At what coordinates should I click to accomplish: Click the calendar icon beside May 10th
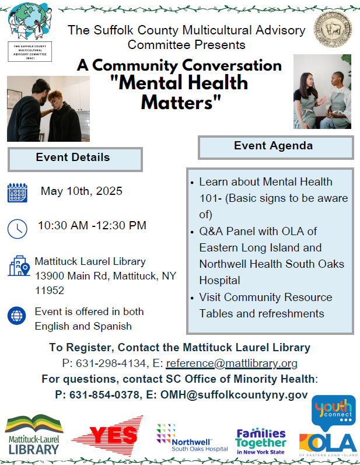pos(18,193)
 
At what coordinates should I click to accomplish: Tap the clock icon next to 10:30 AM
pos(18,228)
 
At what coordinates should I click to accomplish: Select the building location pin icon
pos(19,265)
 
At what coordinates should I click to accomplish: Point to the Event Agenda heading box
pos(275,147)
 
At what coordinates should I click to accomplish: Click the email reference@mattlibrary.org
pos(232,363)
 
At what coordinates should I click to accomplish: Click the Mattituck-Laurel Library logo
pos(34,434)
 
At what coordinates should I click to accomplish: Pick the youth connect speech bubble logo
pos(333,411)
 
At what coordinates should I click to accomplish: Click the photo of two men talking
pos(48,109)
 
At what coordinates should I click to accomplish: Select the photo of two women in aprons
pos(322,92)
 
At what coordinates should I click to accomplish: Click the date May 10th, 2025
pos(82,191)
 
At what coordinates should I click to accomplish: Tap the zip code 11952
pos(50,290)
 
